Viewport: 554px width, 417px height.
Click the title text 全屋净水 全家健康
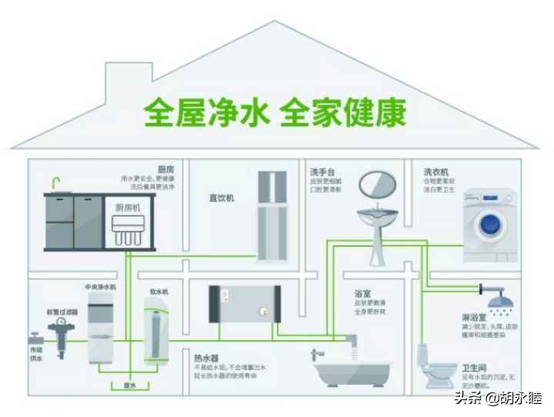(x=275, y=112)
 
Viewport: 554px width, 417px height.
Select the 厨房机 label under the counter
(x=128, y=208)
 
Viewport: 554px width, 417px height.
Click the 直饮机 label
(x=221, y=198)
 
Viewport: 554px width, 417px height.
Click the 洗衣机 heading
(x=436, y=171)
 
